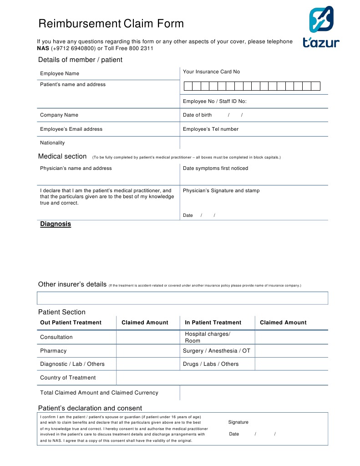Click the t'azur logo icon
point(321,20)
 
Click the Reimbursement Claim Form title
point(111,24)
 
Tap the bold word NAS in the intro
point(43,48)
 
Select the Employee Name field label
point(60,73)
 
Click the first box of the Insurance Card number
point(188,86)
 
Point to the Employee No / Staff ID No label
point(214,102)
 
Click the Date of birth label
point(197,115)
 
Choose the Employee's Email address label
point(71,129)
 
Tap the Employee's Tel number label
point(210,129)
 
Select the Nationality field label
point(52,143)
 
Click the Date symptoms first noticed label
point(215,169)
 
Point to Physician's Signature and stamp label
point(221,191)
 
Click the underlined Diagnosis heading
point(56,224)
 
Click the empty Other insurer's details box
point(182,298)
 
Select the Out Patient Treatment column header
point(71,323)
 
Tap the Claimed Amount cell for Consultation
point(148,337)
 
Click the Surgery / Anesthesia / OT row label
point(216,351)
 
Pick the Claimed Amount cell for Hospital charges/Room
point(291,337)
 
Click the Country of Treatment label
point(68,378)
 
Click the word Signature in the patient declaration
point(238,422)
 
